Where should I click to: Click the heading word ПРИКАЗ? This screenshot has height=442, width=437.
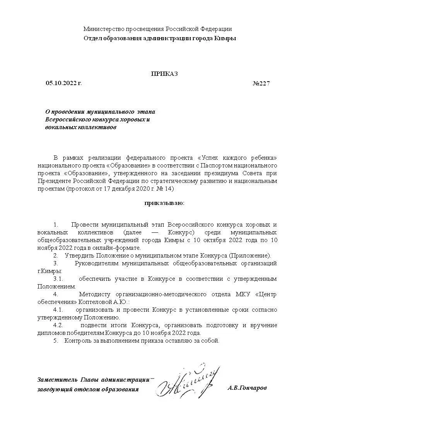pyautogui.click(x=164, y=74)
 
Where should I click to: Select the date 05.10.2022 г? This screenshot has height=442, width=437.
pyautogui.click(x=64, y=83)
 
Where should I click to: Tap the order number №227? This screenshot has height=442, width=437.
pyautogui.click(x=261, y=84)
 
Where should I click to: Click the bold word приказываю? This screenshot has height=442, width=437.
pyautogui.click(x=164, y=203)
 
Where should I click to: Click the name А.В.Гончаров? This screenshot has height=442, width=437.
pyautogui.click(x=247, y=387)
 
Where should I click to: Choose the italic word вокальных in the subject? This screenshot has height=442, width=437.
pyautogui.click(x=59, y=127)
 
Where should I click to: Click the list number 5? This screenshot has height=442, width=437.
pyautogui.click(x=56, y=341)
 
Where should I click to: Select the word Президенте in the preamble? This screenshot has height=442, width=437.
pyautogui.click(x=53, y=181)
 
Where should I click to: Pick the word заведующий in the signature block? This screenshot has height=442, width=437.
pyautogui.click(x=55, y=389)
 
